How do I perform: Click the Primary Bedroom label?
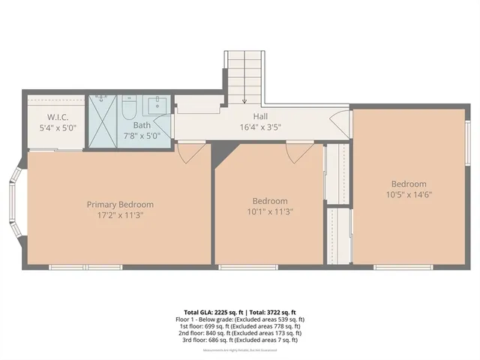[x=120, y=205]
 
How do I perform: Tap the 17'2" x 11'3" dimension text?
[x=120, y=215]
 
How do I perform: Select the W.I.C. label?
[x=58, y=117]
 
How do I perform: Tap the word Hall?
[x=260, y=116]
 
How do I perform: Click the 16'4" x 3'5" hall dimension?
[x=260, y=127]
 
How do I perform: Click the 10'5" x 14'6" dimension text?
[x=408, y=194]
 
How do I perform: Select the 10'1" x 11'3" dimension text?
[x=269, y=211]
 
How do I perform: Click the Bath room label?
[x=142, y=125]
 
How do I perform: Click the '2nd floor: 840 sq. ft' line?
[x=240, y=333]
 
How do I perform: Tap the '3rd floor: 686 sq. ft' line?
[x=240, y=340]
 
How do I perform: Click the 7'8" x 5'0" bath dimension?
[x=142, y=136]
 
